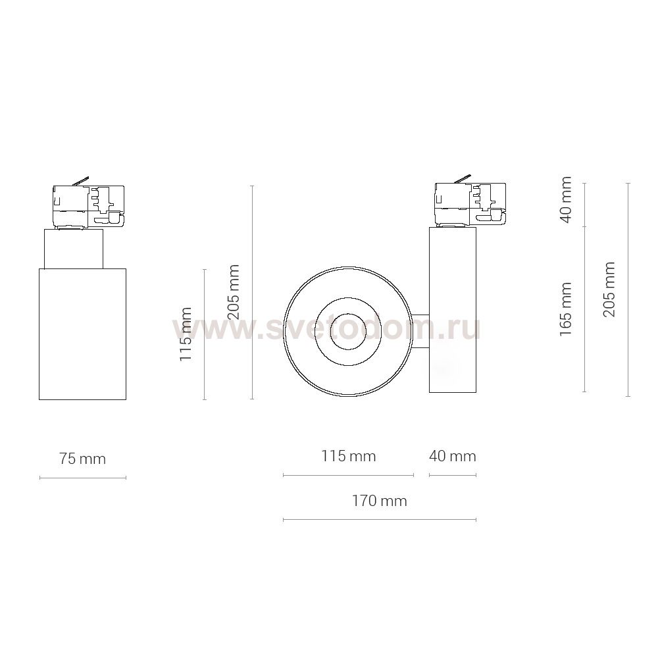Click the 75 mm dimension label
pyautogui.click(x=82, y=459)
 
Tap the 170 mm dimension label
pyautogui.click(x=380, y=501)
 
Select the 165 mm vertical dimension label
pyautogui.click(x=566, y=309)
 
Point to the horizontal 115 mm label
pyautogui.click(x=348, y=456)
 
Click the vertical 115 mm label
pyautogui.click(x=186, y=334)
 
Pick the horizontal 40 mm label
pyautogui.click(x=453, y=456)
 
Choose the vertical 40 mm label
pyautogui.click(x=566, y=200)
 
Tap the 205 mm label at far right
pyautogui.click(x=609, y=289)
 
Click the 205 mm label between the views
pyautogui.click(x=232, y=292)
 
